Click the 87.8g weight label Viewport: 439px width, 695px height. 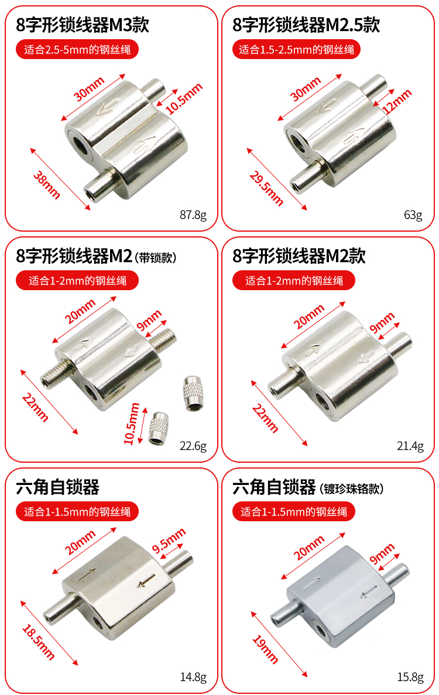[193, 215]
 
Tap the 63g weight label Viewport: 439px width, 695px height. [413, 215]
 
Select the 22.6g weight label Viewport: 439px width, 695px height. [193, 446]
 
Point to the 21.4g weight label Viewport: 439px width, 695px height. [410, 446]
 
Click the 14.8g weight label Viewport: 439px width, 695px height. [193, 677]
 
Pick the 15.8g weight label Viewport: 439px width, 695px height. [410, 677]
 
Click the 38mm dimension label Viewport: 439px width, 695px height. [47, 185]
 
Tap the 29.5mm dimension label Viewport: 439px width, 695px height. [266, 188]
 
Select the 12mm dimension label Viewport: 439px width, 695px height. [397, 102]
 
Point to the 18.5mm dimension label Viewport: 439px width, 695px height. [39, 642]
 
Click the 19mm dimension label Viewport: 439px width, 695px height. [265, 649]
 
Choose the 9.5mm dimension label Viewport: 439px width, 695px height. [169, 541]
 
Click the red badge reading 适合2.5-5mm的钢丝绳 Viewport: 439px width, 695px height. [77, 49]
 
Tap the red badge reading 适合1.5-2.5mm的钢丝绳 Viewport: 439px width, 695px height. [296, 49]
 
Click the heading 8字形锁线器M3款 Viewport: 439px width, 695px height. [83, 25]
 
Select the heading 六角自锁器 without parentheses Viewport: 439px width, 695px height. [57, 487]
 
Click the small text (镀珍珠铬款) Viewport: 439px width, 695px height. [352, 488]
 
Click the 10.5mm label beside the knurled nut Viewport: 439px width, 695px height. [132, 424]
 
